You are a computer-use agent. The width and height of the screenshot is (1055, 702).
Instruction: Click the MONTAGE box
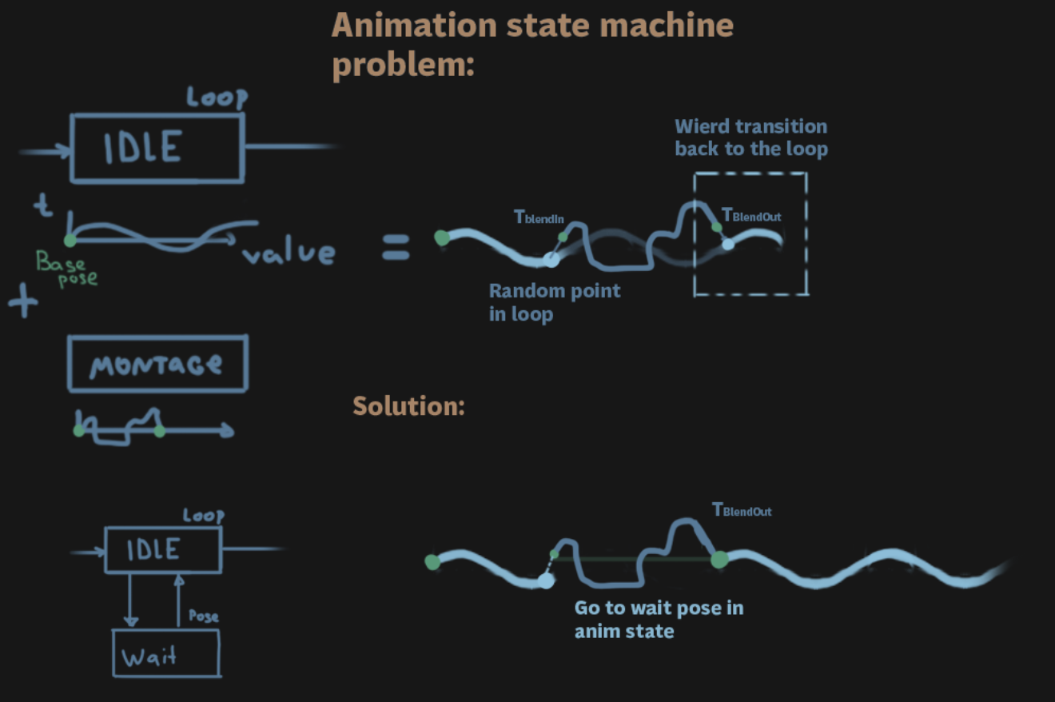coord(157,363)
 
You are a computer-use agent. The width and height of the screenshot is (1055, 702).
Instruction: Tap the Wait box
coord(165,653)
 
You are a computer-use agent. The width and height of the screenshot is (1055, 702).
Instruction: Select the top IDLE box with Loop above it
coord(157,148)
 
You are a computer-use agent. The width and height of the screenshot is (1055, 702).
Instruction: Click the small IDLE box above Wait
coord(162,549)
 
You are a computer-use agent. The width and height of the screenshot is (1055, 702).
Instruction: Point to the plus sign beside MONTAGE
coord(23,303)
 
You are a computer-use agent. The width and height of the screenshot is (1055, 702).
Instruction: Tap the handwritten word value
coord(289,253)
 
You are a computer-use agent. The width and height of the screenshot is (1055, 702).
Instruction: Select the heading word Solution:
coord(408,406)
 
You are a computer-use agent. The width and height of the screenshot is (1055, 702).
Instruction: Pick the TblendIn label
coord(539,217)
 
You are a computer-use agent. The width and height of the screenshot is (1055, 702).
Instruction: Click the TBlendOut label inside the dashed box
coord(751,215)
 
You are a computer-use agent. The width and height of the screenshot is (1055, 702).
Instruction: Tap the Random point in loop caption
coord(554,301)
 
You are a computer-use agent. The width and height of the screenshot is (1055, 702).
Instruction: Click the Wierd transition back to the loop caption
coord(750,138)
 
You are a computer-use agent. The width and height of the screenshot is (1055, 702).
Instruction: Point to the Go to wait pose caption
coord(659,619)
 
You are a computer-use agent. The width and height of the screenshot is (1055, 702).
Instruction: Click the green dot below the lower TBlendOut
coord(719,559)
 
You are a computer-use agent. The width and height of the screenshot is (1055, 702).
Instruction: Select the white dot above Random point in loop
coord(551,260)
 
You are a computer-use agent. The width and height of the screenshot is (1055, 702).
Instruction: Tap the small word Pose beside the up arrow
coord(203,616)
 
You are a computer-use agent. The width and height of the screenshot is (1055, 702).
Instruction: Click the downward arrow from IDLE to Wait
coord(131,600)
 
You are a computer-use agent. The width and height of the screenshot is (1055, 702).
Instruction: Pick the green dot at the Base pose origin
coord(70,240)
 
